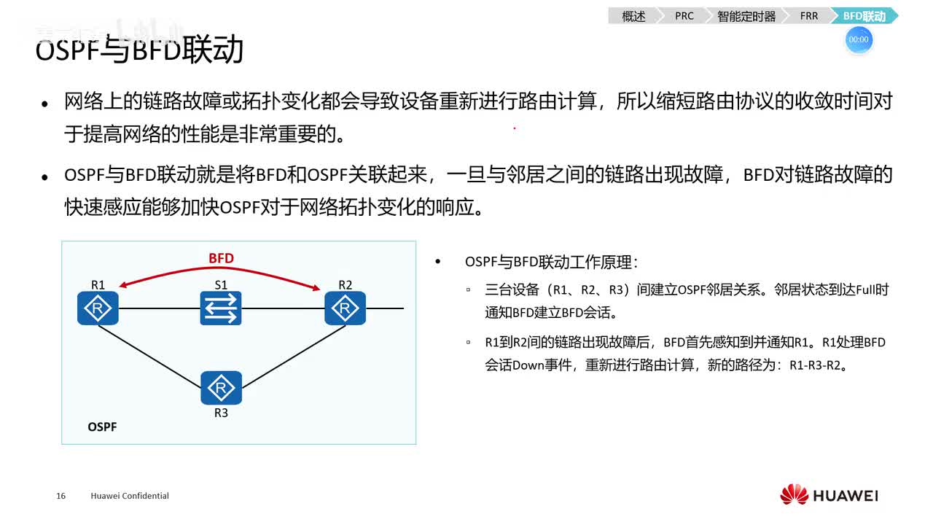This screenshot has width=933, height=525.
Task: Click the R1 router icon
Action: (98, 308)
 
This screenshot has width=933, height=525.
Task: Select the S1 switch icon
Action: (221, 308)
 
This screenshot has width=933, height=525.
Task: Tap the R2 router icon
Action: (345, 308)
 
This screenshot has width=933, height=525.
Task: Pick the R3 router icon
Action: (221, 388)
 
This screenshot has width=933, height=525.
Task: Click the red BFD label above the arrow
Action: (221, 258)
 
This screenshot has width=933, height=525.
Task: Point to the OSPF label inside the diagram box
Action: (102, 427)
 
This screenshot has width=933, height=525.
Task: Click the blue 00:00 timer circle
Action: (859, 39)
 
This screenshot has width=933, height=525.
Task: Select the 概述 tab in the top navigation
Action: (633, 16)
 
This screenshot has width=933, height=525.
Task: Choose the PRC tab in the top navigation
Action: (684, 16)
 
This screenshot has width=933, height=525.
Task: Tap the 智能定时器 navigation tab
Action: (746, 16)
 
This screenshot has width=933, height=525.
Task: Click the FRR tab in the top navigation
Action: (809, 16)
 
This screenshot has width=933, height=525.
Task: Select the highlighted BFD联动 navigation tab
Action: (864, 16)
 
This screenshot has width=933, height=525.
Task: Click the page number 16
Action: (60, 496)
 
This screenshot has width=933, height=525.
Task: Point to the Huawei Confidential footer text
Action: (130, 496)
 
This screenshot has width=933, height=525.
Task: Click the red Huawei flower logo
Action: (794, 494)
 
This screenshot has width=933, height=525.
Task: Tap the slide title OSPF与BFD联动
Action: (139, 50)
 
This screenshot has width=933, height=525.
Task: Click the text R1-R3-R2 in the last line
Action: (818, 365)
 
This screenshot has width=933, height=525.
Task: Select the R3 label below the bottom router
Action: (221, 413)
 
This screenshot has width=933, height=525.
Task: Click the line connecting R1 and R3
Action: (149, 354)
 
